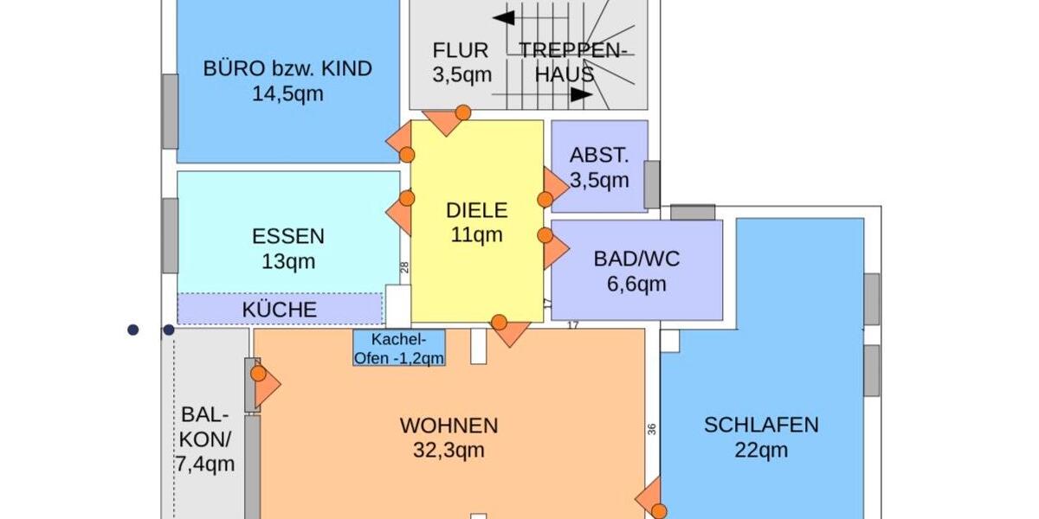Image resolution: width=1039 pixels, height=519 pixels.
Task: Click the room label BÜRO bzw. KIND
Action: [x=287, y=68]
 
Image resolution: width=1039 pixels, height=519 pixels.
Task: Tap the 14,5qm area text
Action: [x=287, y=93]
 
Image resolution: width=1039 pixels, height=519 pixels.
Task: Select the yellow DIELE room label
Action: [x=476, y=210]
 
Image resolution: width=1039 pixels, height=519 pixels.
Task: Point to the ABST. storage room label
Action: [x=599, y=157]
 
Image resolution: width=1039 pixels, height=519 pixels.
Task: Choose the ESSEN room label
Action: [x=288, y=236]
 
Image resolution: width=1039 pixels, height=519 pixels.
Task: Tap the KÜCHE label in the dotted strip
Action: [x=280, y=310]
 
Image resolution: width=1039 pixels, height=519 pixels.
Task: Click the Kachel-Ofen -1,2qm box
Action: [x=399, y=347]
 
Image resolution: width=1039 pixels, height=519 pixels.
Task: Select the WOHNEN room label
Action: [x=449, y=426]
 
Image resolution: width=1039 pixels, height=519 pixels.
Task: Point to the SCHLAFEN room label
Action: [x=761, y=425]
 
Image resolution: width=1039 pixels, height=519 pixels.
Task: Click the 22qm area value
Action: [x=762, y=450]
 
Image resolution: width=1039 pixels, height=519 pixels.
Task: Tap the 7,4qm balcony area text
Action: [x=205, y=464]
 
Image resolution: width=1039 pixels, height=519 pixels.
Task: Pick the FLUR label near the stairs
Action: [x=461, y=51]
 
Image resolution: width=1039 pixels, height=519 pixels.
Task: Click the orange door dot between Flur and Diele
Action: [x=463, y=112]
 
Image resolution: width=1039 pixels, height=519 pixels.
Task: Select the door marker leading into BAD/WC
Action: [x=545, y=235]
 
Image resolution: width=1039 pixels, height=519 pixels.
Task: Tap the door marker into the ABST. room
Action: [x=545, y=200]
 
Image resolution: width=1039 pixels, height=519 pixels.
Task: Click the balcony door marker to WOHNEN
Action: [x=258, y=374]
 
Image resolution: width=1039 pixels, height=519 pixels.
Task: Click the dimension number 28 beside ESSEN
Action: [x=404, y=268]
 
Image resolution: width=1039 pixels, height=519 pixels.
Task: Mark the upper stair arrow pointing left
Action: [x=503, y=16]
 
